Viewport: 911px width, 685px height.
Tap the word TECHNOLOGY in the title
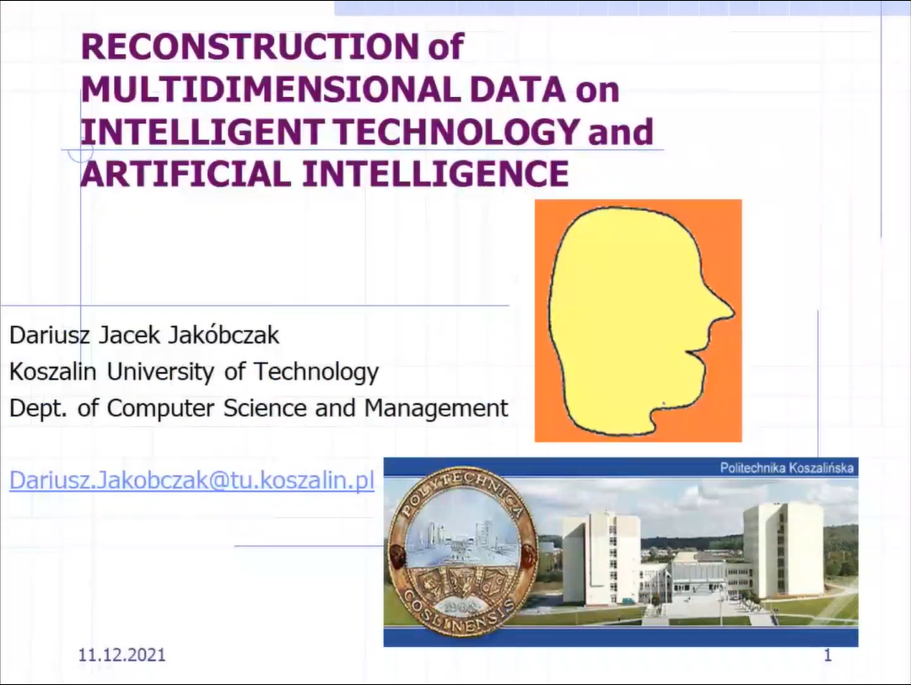[x=457, y=132]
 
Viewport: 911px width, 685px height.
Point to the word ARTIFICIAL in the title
[x=186, y=174]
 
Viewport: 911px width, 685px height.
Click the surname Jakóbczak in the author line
[x=224, y=335]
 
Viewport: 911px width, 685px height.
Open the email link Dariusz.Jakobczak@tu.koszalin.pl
[x=191, y=481]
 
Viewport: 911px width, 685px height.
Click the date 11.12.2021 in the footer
[x=122, y=655]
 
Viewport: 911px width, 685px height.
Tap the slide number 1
[x=828, y=655]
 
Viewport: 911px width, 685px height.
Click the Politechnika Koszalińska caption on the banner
[x=787, y=467]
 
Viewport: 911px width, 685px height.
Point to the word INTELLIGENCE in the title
[x=435, y=174]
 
